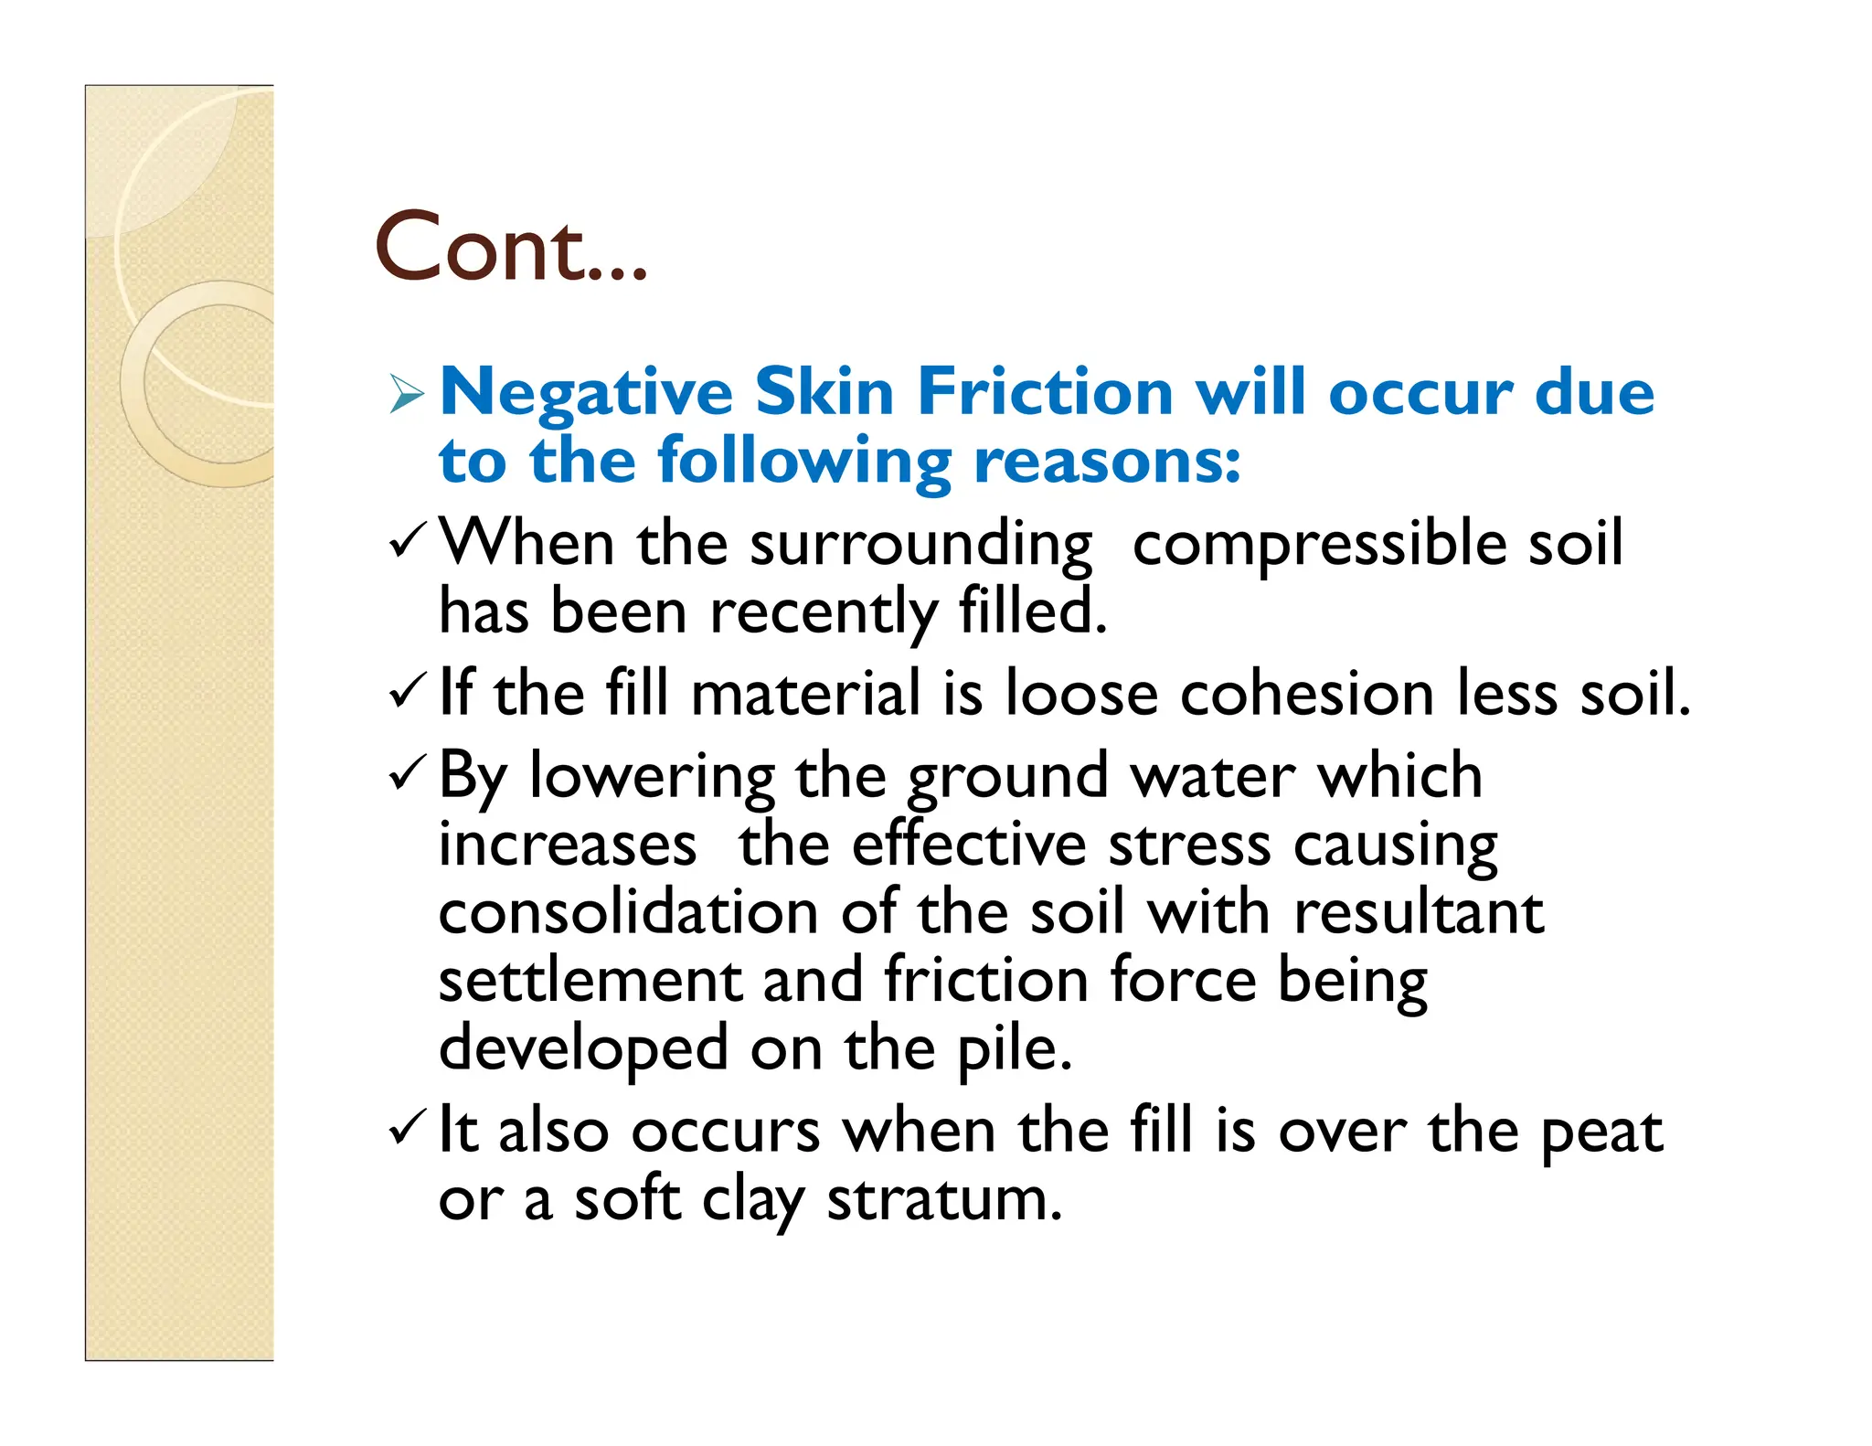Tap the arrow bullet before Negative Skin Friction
click(x=406, y=394)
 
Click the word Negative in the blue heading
click(x=586, y=393)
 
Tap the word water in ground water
click(x=1212, y=776)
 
